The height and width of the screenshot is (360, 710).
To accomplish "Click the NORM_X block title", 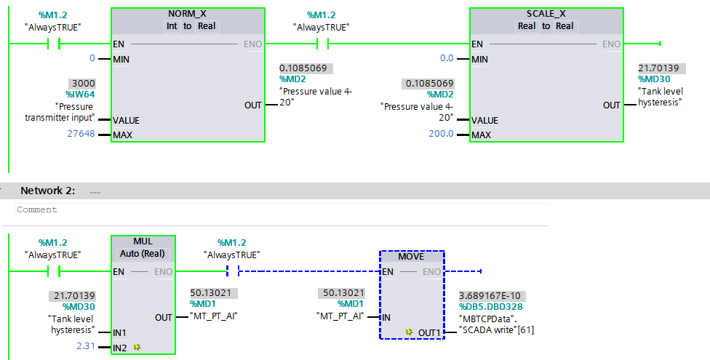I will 188,14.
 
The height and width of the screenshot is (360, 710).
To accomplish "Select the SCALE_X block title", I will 546,14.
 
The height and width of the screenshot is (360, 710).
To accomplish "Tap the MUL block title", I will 143,241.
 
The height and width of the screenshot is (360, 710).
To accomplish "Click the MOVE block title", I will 412,257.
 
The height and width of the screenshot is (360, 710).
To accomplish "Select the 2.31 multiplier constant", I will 86,347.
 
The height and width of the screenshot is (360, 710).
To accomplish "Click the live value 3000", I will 81,84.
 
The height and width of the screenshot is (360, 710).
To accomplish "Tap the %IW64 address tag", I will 80,95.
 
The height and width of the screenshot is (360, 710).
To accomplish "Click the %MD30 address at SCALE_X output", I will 654,79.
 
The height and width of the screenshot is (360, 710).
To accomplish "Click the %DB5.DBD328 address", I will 491,307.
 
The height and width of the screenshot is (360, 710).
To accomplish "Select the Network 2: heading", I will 47,191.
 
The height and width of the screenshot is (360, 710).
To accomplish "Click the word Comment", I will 36,209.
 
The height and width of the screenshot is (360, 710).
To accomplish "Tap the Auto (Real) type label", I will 143,254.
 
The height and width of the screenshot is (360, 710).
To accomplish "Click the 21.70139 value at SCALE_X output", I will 659,68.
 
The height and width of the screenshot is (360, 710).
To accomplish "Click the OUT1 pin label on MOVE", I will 430,332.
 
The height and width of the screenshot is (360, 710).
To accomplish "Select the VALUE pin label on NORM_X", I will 127,120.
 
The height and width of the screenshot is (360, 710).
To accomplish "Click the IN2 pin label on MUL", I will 120,348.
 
